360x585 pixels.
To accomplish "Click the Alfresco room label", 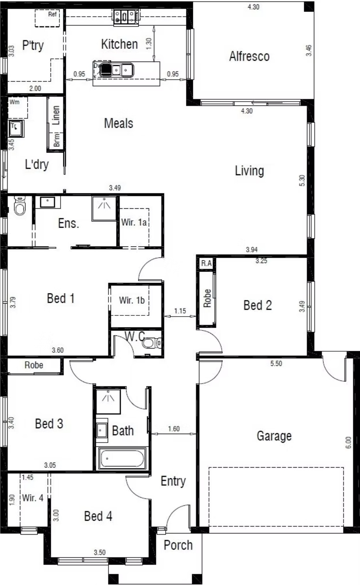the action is click(x=249, y=56).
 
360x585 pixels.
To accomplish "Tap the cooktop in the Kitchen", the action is click(x=126, y=17).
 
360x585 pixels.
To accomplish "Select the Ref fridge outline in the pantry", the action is click(x=47, y=18).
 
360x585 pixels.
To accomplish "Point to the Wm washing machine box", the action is click(x=18, y=107).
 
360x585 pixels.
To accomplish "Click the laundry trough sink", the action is click(x=16, y=129).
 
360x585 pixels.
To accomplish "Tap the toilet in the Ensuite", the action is click(x=20, y=206).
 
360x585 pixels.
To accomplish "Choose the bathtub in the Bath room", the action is click(x=122, y=458).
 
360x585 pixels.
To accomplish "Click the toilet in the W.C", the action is click(x=152, y=343).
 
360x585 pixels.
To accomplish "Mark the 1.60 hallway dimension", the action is click(x=174, y=429).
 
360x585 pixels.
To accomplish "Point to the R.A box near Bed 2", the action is click(x=206, y=263).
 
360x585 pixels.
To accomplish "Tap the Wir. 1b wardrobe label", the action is click(x=132, y=300).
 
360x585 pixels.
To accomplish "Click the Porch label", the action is click(x=178, y=545).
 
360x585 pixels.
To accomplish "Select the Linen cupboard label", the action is click(x=56, y=115).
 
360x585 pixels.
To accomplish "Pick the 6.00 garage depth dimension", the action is click(x=348, y=443).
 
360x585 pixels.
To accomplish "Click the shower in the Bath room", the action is click(x=108, y=401).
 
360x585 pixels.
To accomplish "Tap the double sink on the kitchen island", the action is click(x=117, y=70).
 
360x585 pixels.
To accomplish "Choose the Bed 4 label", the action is click(x=98, y=516).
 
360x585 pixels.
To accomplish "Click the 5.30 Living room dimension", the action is click(x=302, y=181).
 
